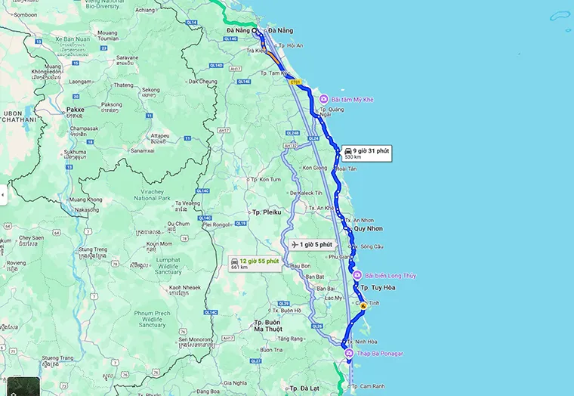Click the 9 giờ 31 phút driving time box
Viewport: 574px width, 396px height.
pos(366,153)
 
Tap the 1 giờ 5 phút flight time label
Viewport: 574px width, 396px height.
pos(311,244)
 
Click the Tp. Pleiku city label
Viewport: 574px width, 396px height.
pos(267,212)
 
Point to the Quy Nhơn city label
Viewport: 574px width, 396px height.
pos(369,228)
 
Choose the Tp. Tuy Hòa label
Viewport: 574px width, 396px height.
pos(375,288)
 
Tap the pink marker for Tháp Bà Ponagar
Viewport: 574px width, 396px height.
pos(348,354)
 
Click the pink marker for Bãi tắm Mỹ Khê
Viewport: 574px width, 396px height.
pos(323,100)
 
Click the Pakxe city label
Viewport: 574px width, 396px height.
pos(75,109)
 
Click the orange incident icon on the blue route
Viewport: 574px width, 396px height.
pos(363,306)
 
